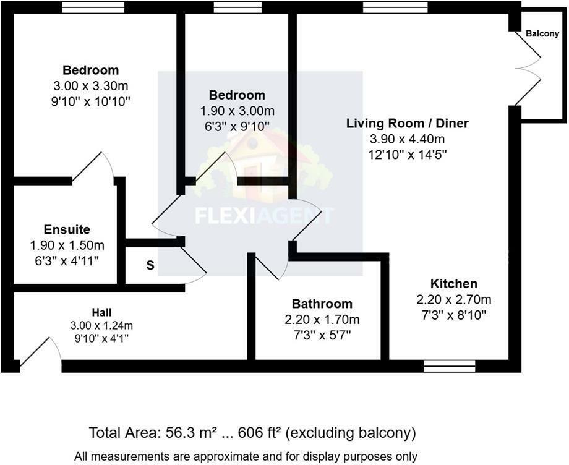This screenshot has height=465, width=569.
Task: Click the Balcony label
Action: (542, 34)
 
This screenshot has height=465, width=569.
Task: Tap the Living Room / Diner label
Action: (407, 123)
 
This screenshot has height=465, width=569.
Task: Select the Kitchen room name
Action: (454, 284)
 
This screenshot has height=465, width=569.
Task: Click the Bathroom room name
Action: (322, 304)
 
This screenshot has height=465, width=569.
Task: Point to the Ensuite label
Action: (67, 229)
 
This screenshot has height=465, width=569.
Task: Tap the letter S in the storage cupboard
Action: (150, 266)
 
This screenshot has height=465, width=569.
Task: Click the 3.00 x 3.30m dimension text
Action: (91, 85)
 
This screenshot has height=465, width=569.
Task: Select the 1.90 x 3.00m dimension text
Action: (237, 111)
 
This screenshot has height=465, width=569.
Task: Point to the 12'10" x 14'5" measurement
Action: (407, 154)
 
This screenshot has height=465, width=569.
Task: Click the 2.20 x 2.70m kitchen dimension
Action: (454, 299)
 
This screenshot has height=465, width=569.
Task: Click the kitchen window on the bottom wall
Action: (449, 366)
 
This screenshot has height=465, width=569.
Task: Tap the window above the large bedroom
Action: (93, 7)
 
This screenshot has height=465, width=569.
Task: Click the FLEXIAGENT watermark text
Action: (264, 215)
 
